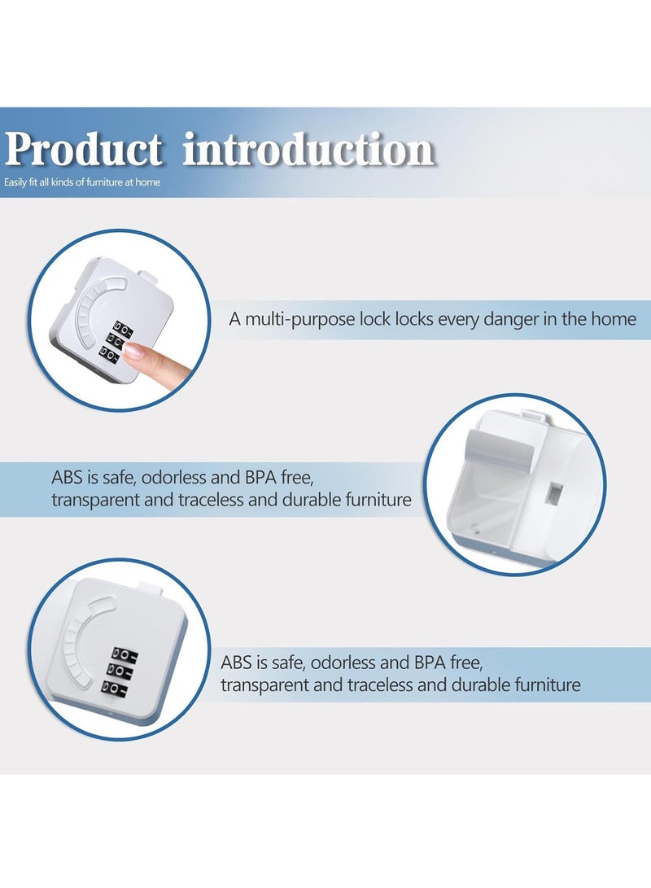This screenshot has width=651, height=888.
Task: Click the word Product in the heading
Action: pos(83,149)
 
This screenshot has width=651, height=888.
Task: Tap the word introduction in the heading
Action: pos(308,149)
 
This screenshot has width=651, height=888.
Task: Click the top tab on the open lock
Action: pos(531,415)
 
